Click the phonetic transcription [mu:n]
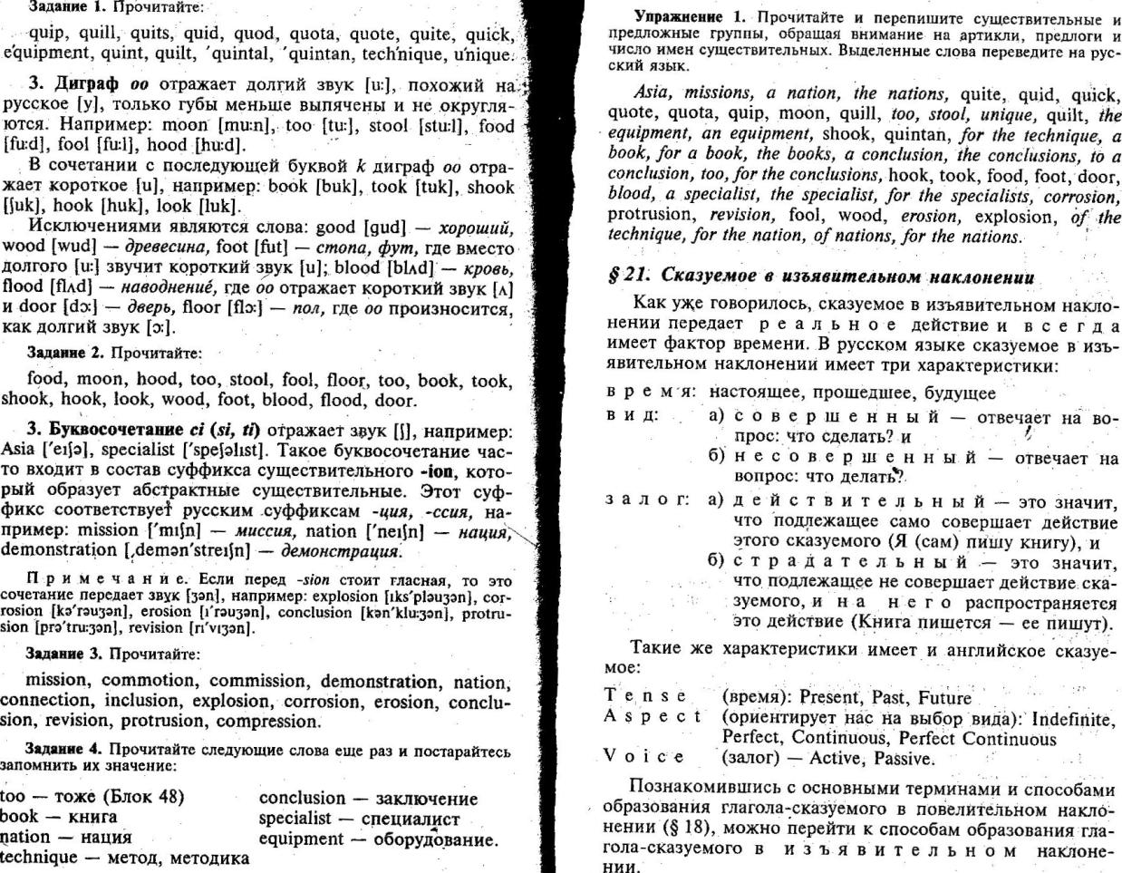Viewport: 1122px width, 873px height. click(x=245, y=125)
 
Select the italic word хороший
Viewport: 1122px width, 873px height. click(x=475, y=227)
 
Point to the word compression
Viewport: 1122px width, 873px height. click(x=267, y=722)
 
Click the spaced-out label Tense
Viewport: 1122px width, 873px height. click(x=644, y=696)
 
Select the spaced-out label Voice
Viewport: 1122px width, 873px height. click(x=644, y=757)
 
